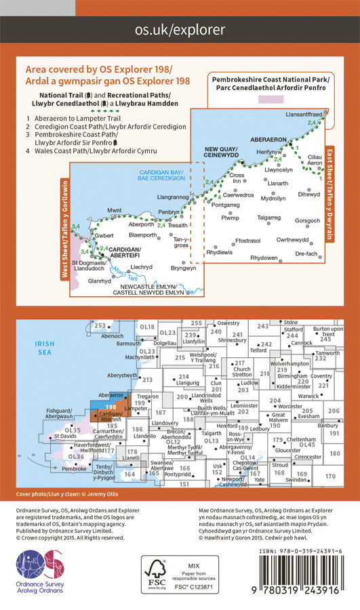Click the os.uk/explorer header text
180,30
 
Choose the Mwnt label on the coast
96,211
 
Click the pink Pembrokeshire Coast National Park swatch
271,99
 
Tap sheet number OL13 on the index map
212,441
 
